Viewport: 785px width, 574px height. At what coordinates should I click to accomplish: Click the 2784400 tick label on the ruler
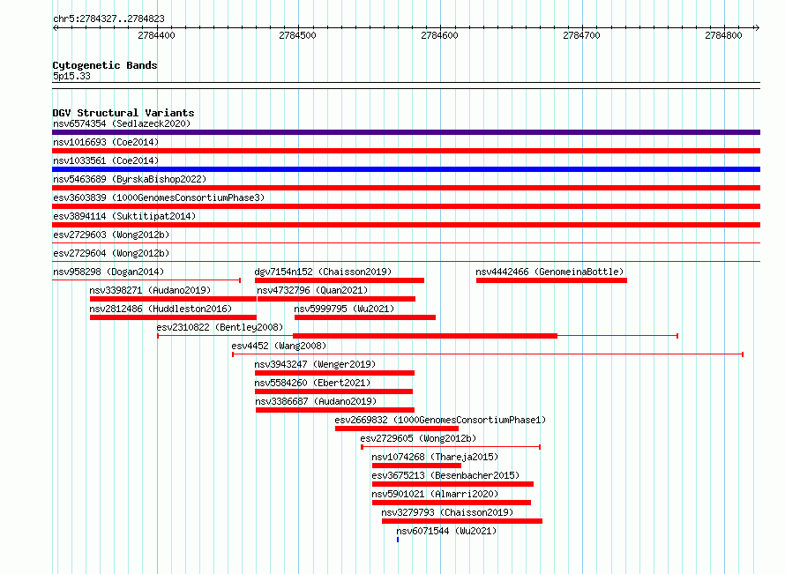click(156, 35)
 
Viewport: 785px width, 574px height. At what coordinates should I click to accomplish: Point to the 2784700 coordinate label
click(581, 35)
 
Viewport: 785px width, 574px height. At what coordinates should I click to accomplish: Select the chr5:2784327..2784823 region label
click(108, 19)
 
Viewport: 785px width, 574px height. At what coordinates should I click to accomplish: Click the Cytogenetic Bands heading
click(105, 65)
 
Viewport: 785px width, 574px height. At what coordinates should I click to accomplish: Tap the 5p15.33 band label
click(71, 76)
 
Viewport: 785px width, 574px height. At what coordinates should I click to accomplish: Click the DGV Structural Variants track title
click(123, 113)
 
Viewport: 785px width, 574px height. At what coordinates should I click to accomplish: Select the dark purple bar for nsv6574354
click(406, 132)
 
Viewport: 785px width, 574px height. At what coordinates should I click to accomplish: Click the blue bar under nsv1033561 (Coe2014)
click(406, 169)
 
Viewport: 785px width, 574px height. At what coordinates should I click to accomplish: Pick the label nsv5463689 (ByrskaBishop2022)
click(130, 179)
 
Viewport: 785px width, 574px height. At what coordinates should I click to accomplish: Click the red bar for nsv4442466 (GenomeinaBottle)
click(551, 280)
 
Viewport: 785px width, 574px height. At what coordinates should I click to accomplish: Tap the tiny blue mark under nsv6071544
click(398, 540)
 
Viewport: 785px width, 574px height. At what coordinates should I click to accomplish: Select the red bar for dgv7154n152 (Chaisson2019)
click(340, 280)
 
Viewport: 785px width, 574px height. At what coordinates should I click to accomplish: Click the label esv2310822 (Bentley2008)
click(220, 327)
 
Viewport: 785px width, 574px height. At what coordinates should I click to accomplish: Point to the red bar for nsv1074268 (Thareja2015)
click(416, 466)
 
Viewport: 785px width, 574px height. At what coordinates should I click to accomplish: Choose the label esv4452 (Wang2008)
click(279, 346)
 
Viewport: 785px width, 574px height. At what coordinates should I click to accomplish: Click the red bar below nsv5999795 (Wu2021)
click(365, 317)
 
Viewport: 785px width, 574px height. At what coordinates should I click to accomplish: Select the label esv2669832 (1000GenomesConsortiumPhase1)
click(440, 420)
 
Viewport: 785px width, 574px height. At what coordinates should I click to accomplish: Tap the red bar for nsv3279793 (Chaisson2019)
click(462, 521)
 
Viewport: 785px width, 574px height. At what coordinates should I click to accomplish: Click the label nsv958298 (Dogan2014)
click(108, 272)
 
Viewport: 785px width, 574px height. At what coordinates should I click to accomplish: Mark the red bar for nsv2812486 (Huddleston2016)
click(173, 317)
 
